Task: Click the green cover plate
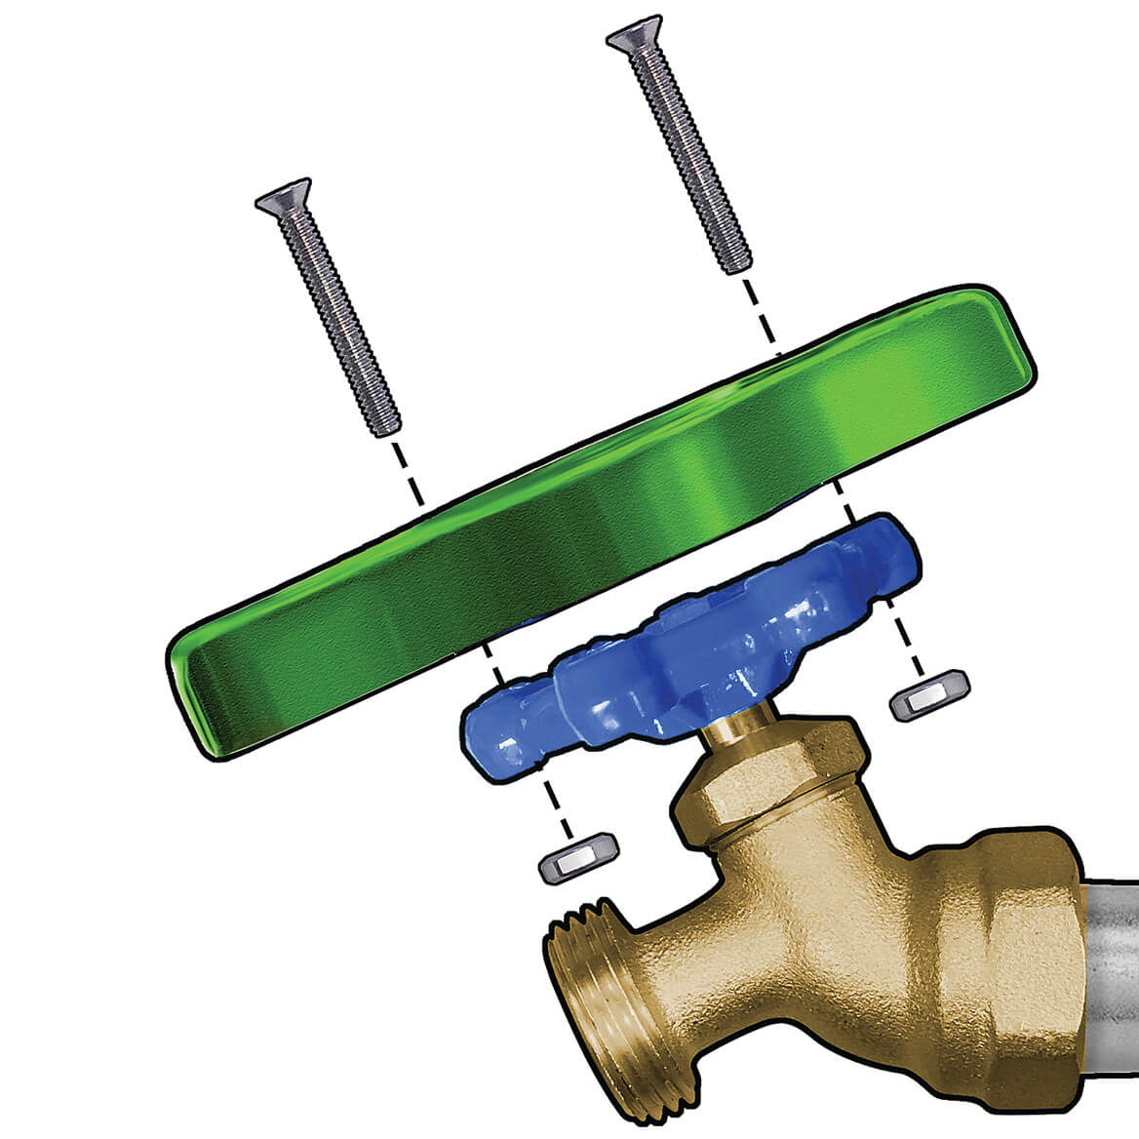point(605,527)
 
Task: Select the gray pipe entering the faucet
point(1112,975)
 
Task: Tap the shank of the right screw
point(687,156)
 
